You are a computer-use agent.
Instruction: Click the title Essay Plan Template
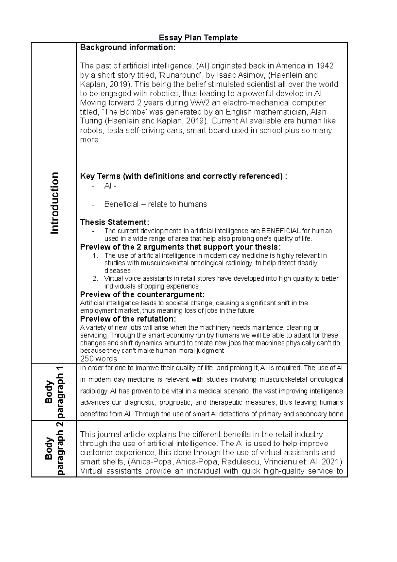(198, 38)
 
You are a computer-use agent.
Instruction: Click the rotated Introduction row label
(54, 203)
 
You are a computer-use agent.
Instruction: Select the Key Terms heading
(183, 176)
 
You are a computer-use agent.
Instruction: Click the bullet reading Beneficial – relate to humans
(155, 204)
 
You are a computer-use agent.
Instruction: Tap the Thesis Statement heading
(114, 222)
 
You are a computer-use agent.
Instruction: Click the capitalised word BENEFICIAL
(281, 231)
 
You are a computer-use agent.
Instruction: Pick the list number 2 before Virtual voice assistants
(95, 279)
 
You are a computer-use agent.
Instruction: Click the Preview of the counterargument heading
(143, 295)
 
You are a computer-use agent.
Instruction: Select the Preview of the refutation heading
(128, 319)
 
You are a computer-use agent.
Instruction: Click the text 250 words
(99, 359)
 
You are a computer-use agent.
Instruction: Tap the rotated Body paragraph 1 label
(54, 392)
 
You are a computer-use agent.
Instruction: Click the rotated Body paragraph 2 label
(54, 448)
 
